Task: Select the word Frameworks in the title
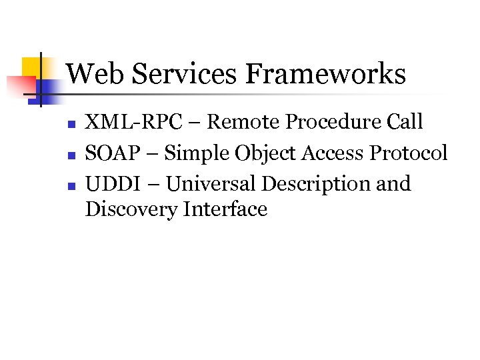[325, 73]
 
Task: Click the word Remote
[245, 122]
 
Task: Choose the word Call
[403, 122]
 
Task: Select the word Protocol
[409, 153]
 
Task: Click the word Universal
[210, 183]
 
